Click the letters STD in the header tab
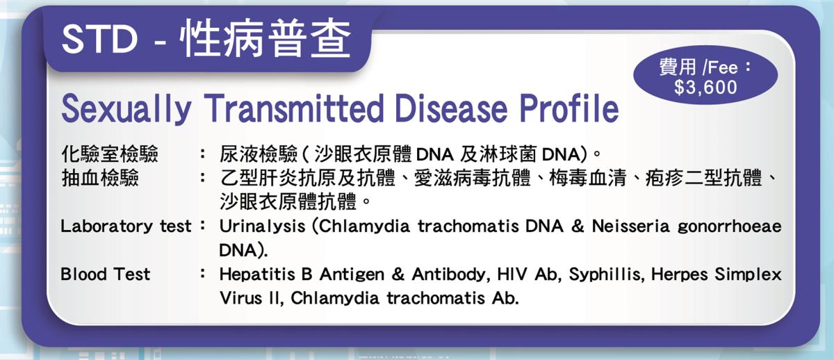100,40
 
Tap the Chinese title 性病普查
265,39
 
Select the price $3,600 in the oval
705,88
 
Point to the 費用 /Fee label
705,67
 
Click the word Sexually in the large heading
126,108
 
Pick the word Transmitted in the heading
294,108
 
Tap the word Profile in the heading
569,108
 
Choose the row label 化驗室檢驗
110,154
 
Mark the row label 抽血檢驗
100,178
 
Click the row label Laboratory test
126,226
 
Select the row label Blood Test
106,275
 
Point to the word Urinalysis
263,227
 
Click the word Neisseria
631,226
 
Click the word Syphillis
606,275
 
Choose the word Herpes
680,275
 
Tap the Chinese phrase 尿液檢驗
259,154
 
